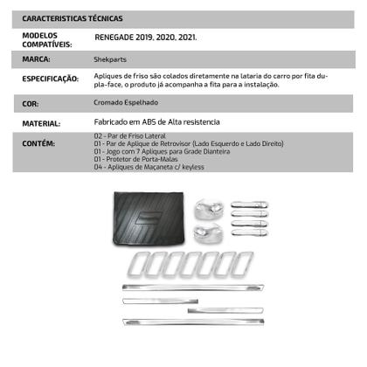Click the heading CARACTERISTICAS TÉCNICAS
tap(72, 17)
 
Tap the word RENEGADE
tap(115, 39)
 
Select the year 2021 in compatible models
tap(187, 39)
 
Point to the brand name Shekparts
tap(109, 59)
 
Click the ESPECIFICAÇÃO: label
tap(50, 79)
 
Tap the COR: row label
tap(31, 102)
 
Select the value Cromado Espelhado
tap(125, 102)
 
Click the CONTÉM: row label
tap(38, 142)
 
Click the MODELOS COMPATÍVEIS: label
tap(45, 38)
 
